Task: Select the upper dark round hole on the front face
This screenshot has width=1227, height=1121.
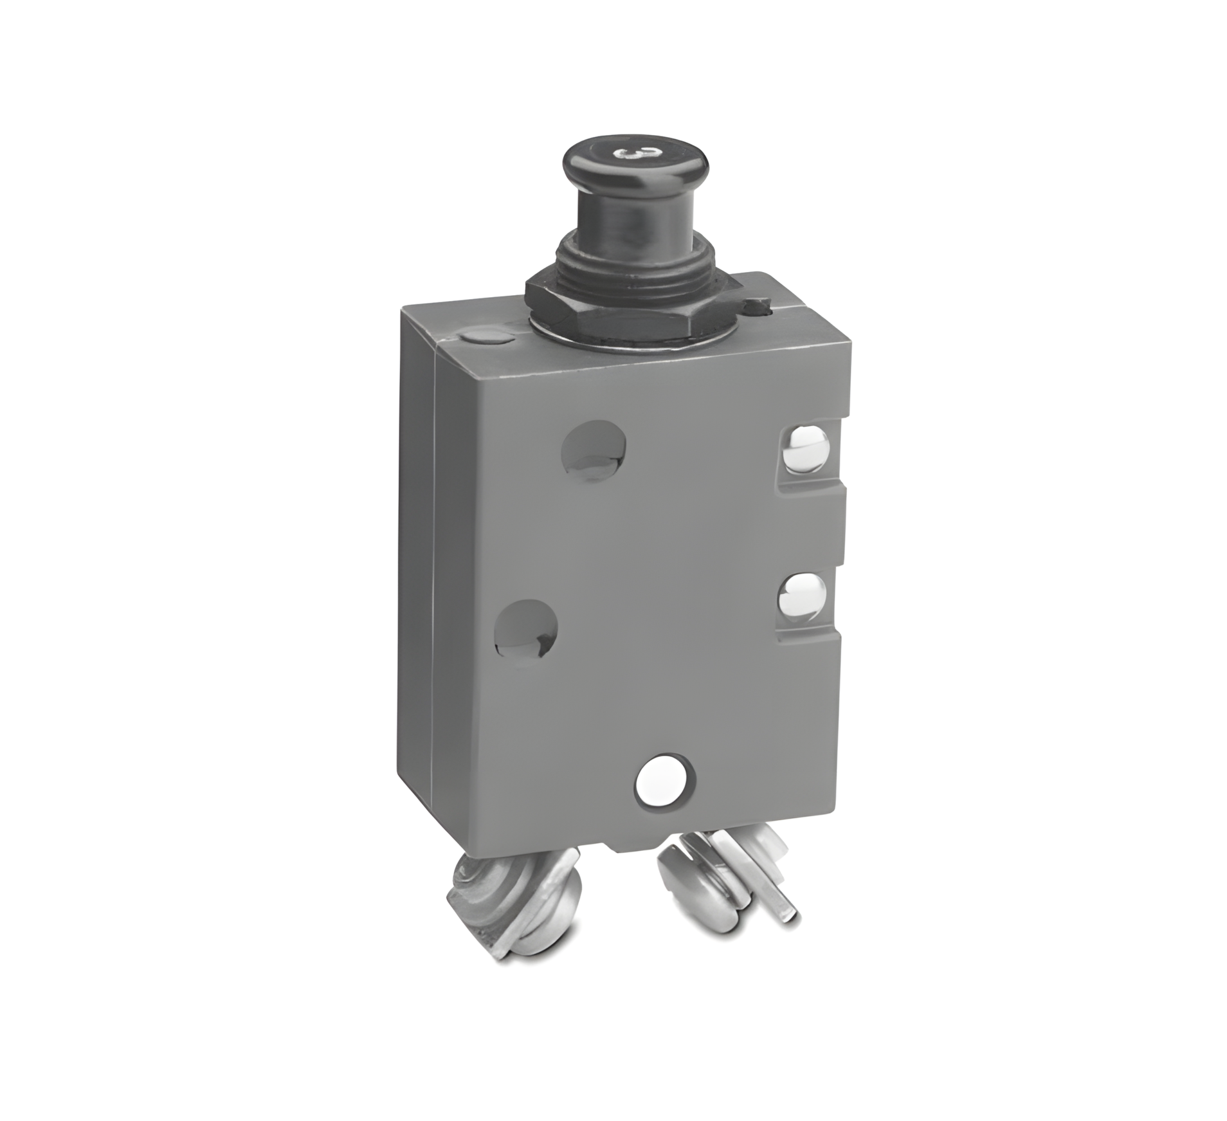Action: pos(595,447)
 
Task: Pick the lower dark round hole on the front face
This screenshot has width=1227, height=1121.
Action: pos(527,628)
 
